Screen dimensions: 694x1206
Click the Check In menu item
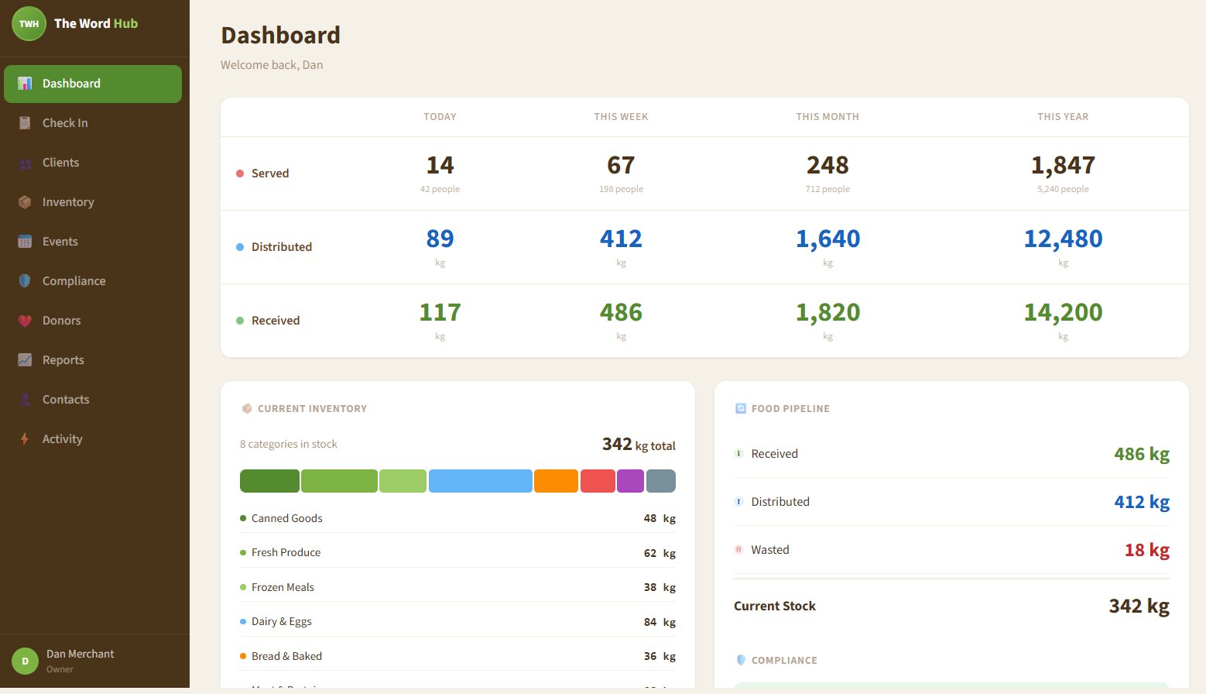65,123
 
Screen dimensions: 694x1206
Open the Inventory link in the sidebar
68,202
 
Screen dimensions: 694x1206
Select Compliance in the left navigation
74,281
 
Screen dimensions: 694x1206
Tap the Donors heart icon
25,321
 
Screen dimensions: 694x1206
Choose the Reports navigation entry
63,360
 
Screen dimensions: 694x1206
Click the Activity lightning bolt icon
25,439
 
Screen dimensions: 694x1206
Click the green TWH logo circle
29,23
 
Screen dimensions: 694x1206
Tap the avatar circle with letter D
25,661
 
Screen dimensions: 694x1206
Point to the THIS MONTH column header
827,117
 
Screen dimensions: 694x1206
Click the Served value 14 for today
440,165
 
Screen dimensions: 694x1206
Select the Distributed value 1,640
827,239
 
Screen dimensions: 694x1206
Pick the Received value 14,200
1063,312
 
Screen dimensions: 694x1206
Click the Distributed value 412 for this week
621,239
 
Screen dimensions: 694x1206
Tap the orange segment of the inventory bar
556,481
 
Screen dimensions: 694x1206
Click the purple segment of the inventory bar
630,481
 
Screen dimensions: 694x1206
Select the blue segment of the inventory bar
480,481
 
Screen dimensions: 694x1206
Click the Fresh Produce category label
286,553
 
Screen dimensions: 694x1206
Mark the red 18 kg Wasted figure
1146,550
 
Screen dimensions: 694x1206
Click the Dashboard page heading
280,36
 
